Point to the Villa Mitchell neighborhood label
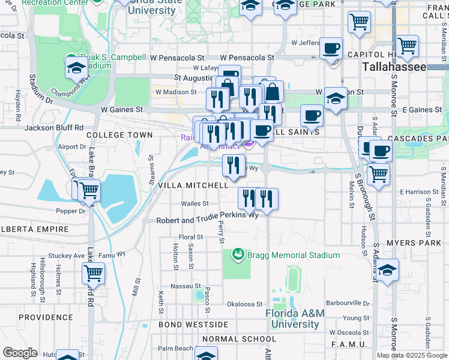[x=193, y=186]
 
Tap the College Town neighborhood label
[x=111, y=136]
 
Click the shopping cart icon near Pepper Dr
[x=89, y=190]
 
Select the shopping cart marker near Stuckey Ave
[x=93, y=273]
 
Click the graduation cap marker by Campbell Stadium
[x=77, y=69]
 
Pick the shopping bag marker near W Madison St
[x=272, y=92]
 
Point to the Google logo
[x=20, y=352]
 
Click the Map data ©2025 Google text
[x=412, y=355]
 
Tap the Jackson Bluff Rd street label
[x=54, y=128]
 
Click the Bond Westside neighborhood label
[x=193, y=325]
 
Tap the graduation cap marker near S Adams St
[x=388, y=270]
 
